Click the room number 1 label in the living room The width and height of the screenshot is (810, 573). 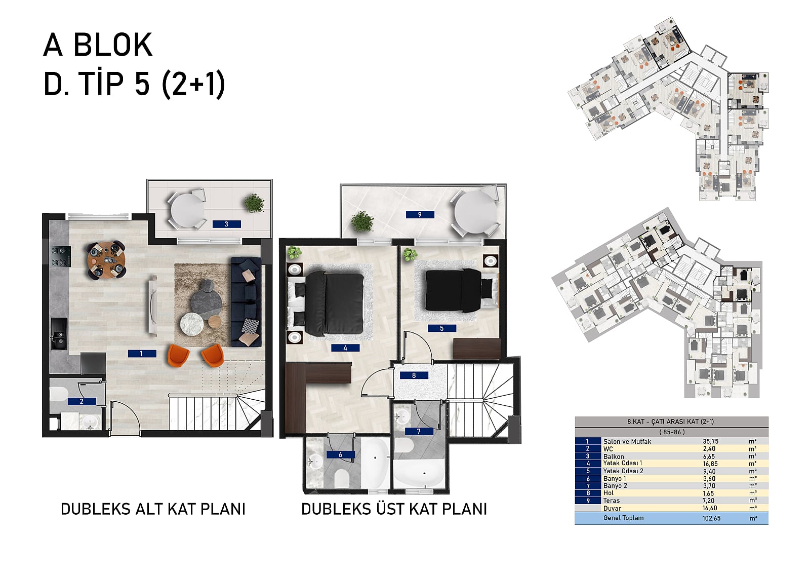[x=142, y=354]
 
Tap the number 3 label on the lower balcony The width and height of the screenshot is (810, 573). [x=227, y=224]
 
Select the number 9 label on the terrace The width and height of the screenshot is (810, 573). [x=420, y=215]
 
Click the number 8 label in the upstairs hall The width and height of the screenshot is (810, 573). [x=414, y=375]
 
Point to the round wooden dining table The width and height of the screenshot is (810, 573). [x=106, y=259]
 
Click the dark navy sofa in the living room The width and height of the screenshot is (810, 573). [x=246, y=302]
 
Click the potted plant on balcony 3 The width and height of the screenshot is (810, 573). [x=254, y=203]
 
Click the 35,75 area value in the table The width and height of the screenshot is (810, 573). [x=711, y=441]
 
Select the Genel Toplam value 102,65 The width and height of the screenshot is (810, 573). [x=711, y=518]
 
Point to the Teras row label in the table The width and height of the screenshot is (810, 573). [x=612, y=501]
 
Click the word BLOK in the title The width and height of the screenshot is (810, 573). [x=113, y=45]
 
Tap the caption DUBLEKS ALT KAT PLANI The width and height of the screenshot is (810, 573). [x=153, y=509]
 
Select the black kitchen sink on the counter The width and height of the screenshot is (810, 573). [x=59, y=333]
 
